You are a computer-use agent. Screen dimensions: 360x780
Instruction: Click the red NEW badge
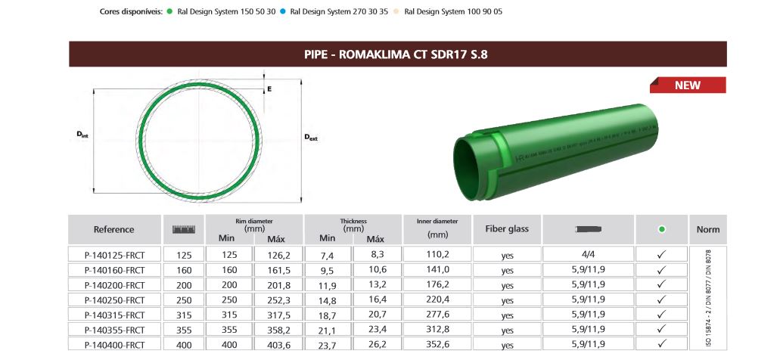[x=688, y=85]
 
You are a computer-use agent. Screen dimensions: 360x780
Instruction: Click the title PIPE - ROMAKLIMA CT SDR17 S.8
[x=398, y=54]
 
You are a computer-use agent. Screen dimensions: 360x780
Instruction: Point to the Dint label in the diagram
[x=82, y=134]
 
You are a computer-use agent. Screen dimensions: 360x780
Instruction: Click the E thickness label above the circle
[x=269, y=88]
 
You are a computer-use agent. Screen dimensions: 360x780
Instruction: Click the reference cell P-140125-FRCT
[x=114, y=256]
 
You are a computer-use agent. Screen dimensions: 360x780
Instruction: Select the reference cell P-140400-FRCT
[x=114, y=344]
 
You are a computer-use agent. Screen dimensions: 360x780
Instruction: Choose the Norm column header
[x=707, y=229]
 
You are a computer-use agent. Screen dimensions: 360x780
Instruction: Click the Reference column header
[x=114, y=229]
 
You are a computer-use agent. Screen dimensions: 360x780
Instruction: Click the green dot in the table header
[x=661, y=229]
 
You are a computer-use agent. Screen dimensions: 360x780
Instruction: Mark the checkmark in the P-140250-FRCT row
[x=660, y=299]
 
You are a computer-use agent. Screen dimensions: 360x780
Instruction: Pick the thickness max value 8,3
[x=375, y=255]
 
